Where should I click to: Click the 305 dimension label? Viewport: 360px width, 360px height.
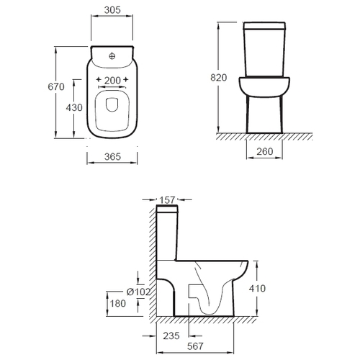click(x=112, y=10)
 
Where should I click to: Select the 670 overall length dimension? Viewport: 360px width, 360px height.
click(x=56, y=86)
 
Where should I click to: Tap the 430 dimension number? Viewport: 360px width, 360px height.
click(x=74, y=107)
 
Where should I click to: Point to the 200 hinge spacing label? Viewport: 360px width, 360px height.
click(x=112, y=81)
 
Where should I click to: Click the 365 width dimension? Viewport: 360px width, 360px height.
click(x=112, y=157)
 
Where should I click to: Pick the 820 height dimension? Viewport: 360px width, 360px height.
click(x=218, y=78)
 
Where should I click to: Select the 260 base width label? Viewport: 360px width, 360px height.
click(x=265, y=152)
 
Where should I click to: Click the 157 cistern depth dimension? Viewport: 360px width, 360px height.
click(x=167, y=199)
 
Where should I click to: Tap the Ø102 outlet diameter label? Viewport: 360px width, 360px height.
click(x=138, y=292)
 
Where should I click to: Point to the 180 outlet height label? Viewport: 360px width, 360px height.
click(x=117, y=304)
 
